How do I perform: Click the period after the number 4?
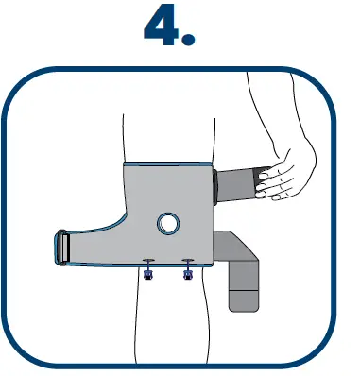188,41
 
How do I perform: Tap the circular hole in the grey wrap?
168,224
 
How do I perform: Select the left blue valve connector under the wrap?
148,273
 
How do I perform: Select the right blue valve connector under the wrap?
187,273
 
